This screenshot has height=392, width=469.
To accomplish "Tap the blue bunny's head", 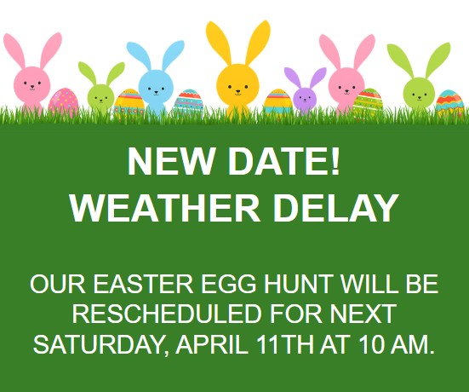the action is (156, 86).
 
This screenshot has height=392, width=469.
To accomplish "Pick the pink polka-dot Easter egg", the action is (63, 101).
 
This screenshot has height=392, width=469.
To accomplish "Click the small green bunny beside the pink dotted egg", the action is (100, 89).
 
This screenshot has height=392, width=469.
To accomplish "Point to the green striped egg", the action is (368, 101).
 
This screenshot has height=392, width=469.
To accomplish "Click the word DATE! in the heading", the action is (284, 161).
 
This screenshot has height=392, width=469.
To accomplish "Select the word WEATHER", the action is (165, 208).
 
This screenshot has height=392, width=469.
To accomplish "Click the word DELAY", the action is (336, 208).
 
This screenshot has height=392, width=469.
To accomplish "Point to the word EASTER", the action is (143, 284).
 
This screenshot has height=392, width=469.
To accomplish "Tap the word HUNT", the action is (298, 284).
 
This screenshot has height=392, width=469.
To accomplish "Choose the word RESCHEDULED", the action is (166, 314).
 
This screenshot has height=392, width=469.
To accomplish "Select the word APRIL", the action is (211, 344).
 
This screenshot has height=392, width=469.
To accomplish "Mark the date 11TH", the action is (285, 344).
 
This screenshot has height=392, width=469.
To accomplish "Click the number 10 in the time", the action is (371, 344).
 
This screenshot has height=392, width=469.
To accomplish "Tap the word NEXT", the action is (363, 314).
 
